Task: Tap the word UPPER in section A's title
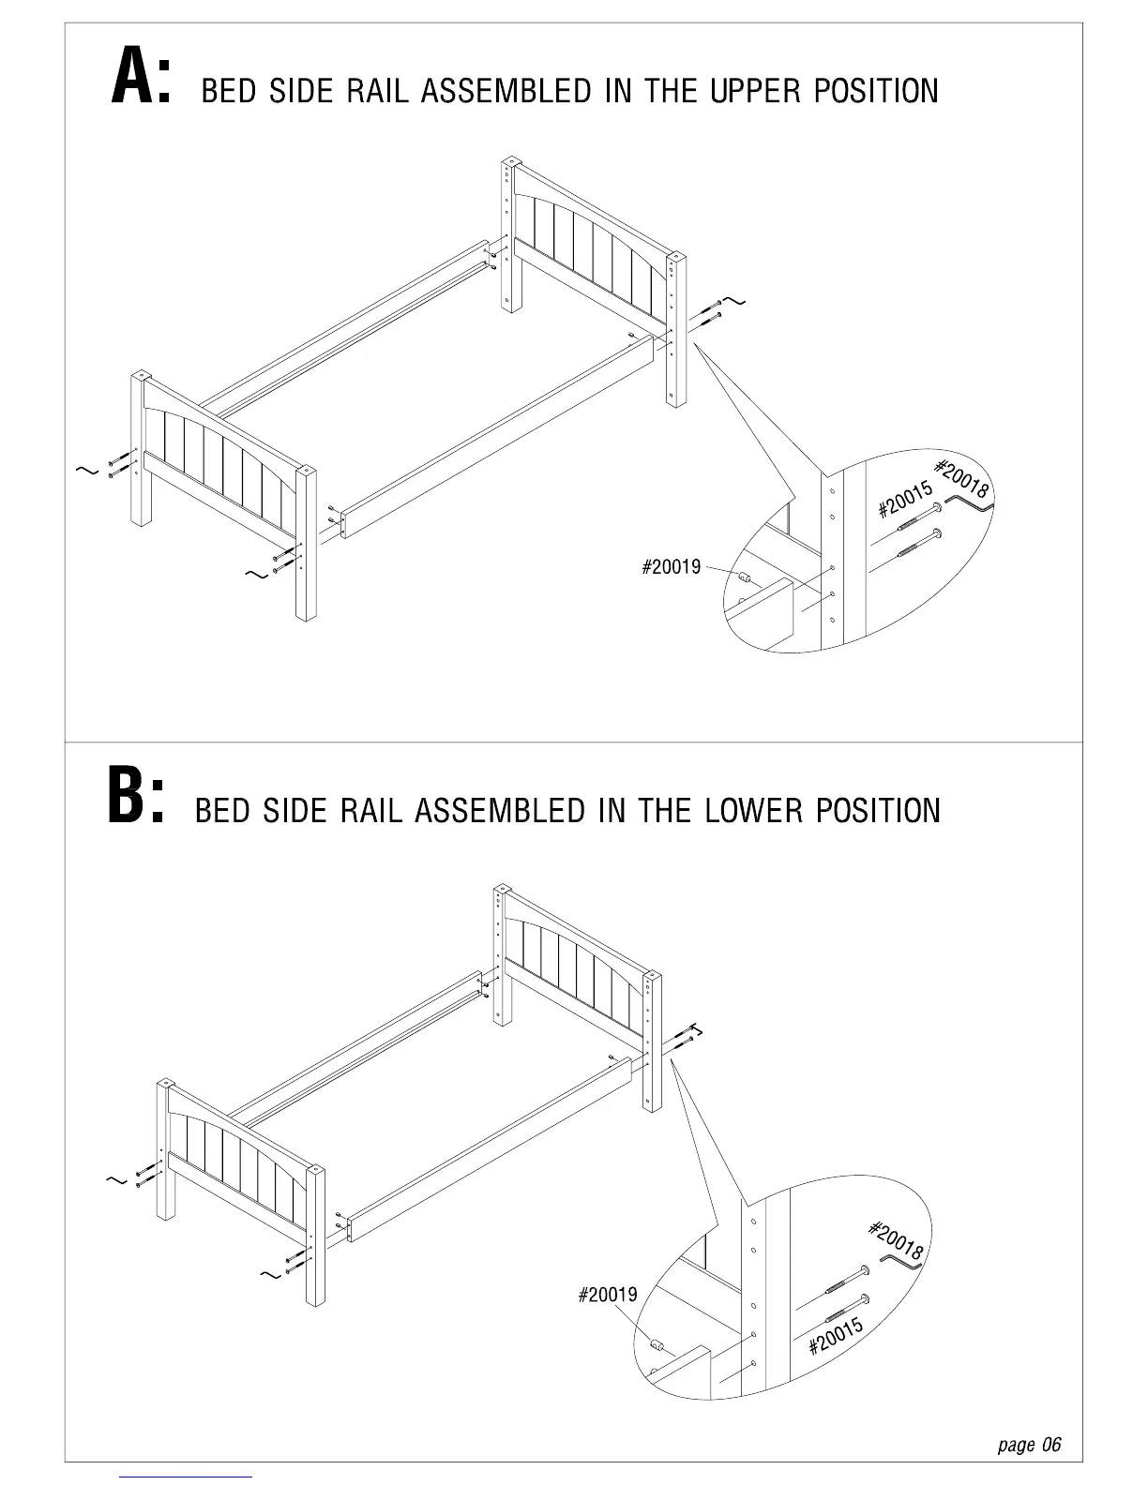756,92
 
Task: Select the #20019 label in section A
671,567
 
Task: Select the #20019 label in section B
607,1295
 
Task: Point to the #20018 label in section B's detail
897,1239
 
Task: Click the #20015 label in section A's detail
905,500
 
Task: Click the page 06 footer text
1029,1445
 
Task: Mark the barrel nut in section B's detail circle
657,1346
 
